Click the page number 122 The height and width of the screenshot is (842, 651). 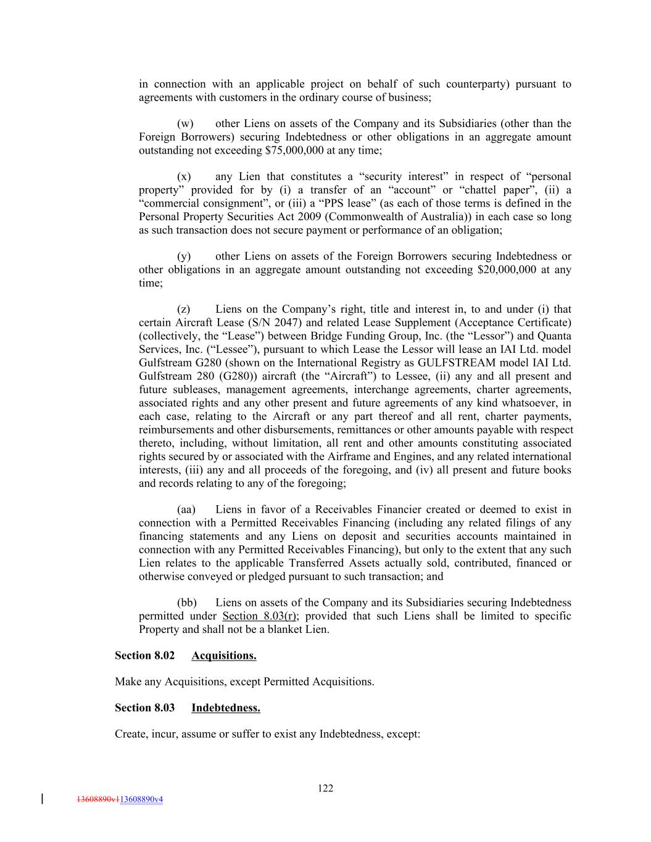[325, 788]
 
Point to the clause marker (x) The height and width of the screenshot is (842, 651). [184, 176]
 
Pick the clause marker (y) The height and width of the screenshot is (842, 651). [184, 256]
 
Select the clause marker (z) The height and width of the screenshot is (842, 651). [184, 309]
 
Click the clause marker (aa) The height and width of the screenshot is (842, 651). [186, 510]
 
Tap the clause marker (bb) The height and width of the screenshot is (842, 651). [187, 603]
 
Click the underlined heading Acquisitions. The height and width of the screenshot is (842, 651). [224, 656]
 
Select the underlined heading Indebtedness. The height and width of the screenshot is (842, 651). [226, 708]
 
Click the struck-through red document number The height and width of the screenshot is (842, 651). [98, 799]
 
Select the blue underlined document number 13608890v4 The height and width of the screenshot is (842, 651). [141, 799]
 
